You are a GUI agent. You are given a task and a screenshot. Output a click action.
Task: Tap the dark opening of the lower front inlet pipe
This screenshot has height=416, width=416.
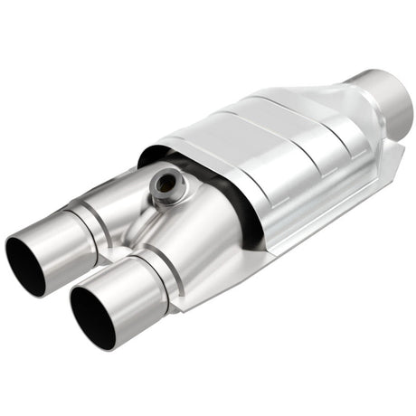point(92,319)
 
